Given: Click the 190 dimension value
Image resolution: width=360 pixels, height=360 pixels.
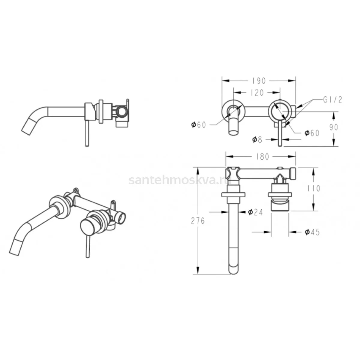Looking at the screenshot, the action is click(259, 81).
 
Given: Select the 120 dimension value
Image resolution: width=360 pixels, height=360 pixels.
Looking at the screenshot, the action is click(257, 93).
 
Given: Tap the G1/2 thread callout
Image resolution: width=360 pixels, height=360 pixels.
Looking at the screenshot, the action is click(332, 100).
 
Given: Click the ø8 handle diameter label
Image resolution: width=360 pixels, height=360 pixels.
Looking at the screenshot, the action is click(257, 139).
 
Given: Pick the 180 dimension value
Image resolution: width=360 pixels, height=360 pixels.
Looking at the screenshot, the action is click(262, 157).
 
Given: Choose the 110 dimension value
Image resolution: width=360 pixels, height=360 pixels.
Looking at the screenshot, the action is click(314, 188).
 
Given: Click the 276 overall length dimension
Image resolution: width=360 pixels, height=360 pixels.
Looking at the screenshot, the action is click(198, 221).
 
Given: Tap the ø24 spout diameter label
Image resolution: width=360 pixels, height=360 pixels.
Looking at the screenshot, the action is click(255, 212).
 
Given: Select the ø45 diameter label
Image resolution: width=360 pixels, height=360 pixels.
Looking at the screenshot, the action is click(312, 232).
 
